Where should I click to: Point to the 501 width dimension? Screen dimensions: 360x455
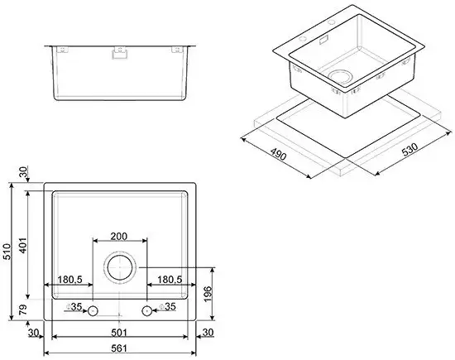tap(120, 333)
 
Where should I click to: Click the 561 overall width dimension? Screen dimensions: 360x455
tap(120, 349)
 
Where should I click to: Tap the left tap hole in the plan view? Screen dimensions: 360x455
tap(93, 310)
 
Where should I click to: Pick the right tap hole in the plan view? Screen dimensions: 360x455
tap(147, 310)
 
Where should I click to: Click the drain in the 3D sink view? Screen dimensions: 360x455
tap(339, 78)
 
